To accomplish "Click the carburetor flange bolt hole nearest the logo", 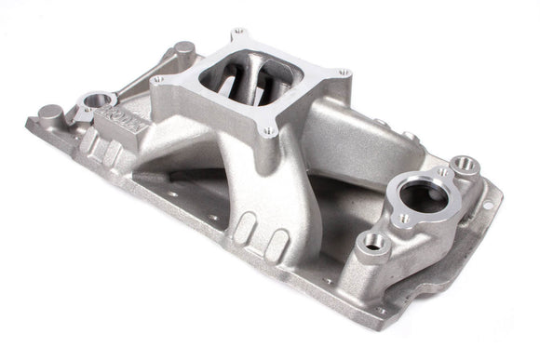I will click(157, 83).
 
